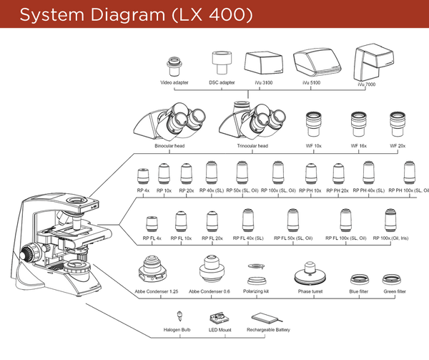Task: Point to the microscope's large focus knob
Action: point(31,253)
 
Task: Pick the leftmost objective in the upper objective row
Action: point(144,177)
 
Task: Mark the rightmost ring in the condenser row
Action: point(390,279)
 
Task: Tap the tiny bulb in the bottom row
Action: point(180,315)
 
